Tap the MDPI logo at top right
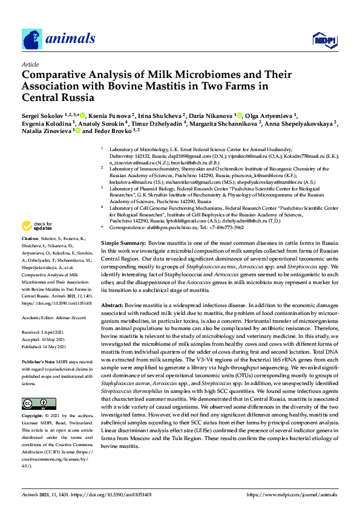[x=324, y=40]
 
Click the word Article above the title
[x=30, y=64]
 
